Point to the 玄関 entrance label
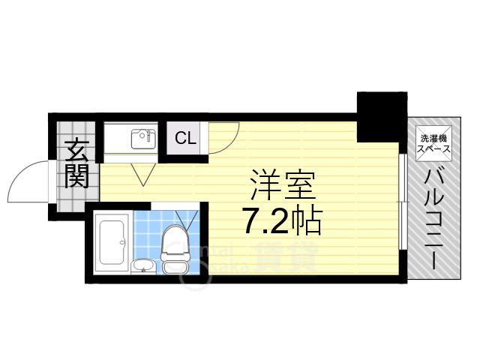coord(76,163)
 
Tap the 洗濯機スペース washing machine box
coord(434,142)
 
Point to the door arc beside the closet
coord(224,134)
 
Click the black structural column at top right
coord(380,116)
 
